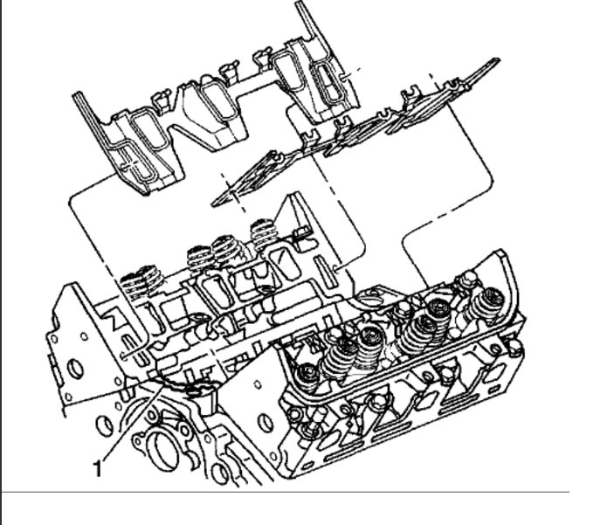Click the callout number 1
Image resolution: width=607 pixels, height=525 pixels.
click(99, 468)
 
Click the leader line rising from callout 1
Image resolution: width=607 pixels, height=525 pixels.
click(133, 421)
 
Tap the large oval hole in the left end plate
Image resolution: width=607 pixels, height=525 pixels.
click(75, 369)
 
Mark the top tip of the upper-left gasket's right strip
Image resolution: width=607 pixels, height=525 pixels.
click(298, 3)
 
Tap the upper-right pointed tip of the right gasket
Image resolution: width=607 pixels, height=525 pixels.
click(497, 60)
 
